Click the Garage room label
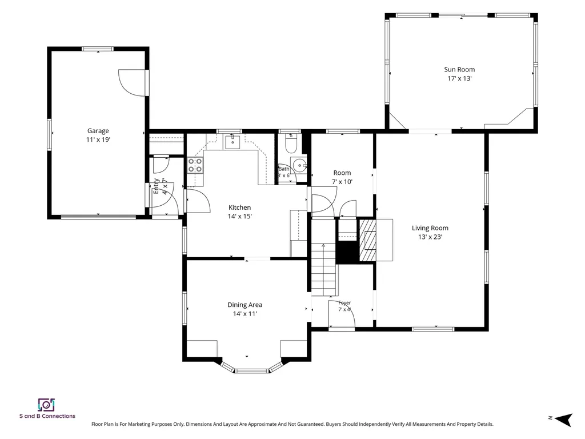click(x=98, y=131)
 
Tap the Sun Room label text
click(x=459, y=69)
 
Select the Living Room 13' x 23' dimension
click(x=430, y=237)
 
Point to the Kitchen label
click(x=239, y=207)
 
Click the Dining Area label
click(x=245, y=305)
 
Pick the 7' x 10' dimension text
click(x=342, y=182)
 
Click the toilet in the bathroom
click(x=291, y=144)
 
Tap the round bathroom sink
click(x=299, y=165)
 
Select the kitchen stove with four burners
click(x=195, y=165)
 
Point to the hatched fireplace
click(x=367, y=240)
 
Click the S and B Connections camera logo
click(x=46, y=405)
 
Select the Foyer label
click(x=344, y=303)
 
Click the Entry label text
click(x=157, y=186)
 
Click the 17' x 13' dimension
click(x=460, y=78)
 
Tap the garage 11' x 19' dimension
click(x=98, y=139)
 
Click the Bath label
click(x=283, y=169)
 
